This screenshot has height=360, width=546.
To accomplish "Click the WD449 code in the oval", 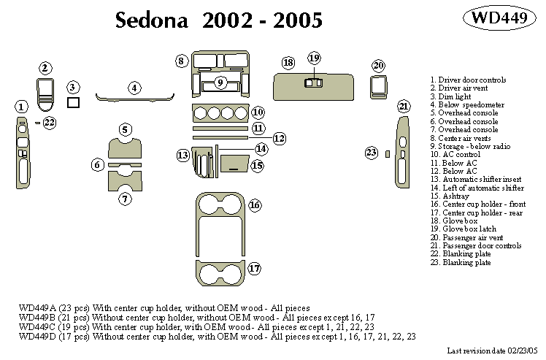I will click(501, 18).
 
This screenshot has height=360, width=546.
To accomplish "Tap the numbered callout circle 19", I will click(314, 58).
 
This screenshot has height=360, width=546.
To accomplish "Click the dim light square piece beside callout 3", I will click(73, 103).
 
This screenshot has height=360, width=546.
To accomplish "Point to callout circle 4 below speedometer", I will click(134, 88).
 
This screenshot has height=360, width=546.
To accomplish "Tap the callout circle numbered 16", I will click(254, 205).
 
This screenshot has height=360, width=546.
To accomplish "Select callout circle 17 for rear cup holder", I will click(254, 268).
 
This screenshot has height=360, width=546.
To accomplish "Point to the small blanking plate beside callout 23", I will click(387, 153).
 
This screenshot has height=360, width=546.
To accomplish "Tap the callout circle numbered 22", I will click(49, 123).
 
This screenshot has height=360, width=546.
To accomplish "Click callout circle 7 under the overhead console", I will click(126, 198).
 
